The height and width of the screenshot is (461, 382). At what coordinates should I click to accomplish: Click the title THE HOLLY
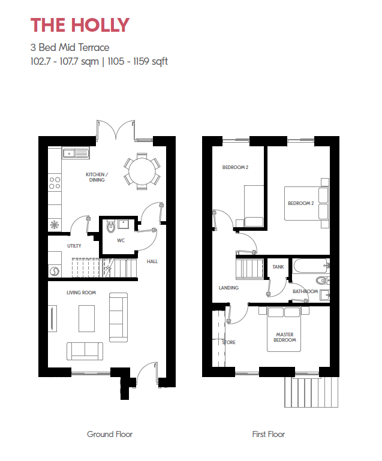pos(80,25)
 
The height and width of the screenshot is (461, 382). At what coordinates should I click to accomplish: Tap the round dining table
pos(142,171)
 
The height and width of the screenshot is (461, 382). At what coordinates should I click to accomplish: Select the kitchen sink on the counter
pos(76,153)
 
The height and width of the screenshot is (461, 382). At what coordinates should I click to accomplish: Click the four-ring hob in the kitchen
pos(55,183)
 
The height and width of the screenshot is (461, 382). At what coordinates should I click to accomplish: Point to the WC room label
pos(121,240)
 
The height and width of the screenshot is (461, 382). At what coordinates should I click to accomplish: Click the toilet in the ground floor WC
pos(111,227)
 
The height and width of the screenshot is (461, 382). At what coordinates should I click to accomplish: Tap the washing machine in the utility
pos(55,272)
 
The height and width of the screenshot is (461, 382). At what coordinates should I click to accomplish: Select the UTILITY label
pos(74,246)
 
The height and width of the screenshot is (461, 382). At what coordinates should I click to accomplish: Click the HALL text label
pos(152,261)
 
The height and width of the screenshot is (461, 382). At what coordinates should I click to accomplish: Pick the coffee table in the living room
pos(87,318)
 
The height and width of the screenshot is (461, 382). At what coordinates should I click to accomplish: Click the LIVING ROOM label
pos(81,293)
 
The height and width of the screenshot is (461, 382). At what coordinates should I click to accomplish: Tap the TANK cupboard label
pos(278,267)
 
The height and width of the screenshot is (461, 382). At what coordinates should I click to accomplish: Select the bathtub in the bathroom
pos(311,266)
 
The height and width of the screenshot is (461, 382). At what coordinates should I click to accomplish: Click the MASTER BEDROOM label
pos(285,338)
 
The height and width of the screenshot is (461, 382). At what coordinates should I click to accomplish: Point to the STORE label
pos(229,342)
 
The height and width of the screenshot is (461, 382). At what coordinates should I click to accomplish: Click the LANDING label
pos(228,288)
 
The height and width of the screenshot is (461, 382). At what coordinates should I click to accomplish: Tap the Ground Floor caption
pos(110,434)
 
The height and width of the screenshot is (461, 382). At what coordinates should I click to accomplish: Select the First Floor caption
pos(269,434)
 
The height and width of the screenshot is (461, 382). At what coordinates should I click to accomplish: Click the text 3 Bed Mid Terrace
pos(70,47)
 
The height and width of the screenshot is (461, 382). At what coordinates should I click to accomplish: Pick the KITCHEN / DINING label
pos(97,177)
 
